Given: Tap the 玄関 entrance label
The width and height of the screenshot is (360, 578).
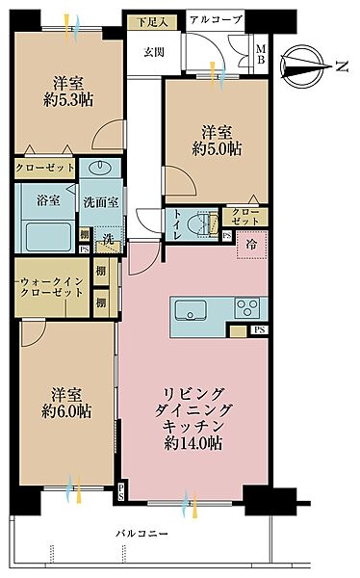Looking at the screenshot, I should point(155,52).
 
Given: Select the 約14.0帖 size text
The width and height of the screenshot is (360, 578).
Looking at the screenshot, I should point(193,444).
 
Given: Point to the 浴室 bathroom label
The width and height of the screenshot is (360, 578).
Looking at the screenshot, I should point(44,203).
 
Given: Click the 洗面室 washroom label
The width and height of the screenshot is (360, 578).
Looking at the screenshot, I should point(99,203).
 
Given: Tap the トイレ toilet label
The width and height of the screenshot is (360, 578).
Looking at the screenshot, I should point(178,223).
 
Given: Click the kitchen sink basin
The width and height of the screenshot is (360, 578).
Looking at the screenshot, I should point(190,309).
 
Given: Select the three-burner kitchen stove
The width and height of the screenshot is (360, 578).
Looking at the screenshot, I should point(247,308).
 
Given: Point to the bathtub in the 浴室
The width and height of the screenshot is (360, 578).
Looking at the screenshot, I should point(46,235).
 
